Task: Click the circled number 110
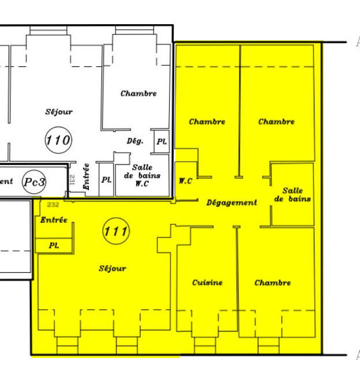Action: [x=58, y=140]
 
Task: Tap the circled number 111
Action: [x=116, y=232]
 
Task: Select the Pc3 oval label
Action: [x=35, y=182]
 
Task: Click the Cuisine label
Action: [x=207, y=283]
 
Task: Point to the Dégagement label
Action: [x=232, y=202]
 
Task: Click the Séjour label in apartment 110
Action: [x=59, y=112]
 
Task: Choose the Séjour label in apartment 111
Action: [x=112, y=268]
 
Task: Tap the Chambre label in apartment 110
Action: [x=138, y=93]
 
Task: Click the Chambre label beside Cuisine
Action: [x=273, y=283]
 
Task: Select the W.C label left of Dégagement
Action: [x=185, y=181]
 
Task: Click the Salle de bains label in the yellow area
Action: [x=292, y=195]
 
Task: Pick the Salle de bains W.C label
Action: [x=142, y=175]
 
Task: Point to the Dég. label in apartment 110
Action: [x=135, y=141]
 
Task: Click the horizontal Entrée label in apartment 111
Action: [x=54, y=220]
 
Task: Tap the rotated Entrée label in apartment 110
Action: [x=86, y=177]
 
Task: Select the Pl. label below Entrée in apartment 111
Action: [x=54, y=245]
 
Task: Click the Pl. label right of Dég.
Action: [x=162, y=141]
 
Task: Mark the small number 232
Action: [x=53, y=205]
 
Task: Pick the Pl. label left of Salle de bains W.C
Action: [x=106, y=179]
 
